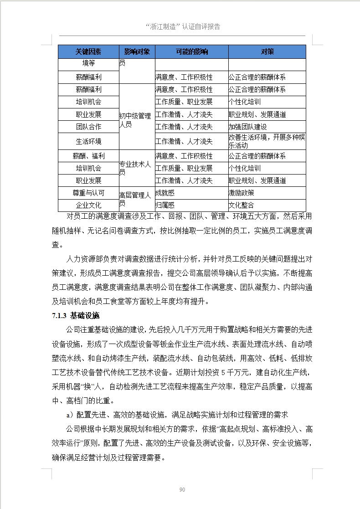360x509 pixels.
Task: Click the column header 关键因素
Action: tap(88, 51)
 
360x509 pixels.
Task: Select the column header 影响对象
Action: tap(137, 51)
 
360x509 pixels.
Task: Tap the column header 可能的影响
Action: tap(191, 51)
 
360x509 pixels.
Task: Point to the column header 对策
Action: tap(267, 51)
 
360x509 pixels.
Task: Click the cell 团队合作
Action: tap(88, 126)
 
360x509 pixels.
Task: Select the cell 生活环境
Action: tap(88, 141)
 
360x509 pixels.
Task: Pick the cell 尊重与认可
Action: tap(88, 193)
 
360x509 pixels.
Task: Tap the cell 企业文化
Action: tap(88, 205)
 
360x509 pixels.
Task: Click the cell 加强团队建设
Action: tap(248, 127)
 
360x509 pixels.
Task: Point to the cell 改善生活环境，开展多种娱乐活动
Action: tap(267, 141)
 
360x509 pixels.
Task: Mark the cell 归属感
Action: tap(165, 205)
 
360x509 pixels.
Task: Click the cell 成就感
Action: tap(165, 193)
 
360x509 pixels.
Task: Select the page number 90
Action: tap(182, 489)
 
